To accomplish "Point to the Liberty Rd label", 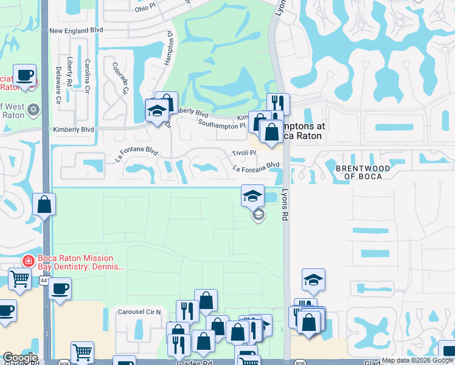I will pos(71,72).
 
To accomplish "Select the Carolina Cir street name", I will pos(88,72).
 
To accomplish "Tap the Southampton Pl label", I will pos(221,123).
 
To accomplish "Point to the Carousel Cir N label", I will pos(139,311).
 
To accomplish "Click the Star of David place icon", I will pos(33,110).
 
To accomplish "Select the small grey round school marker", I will pos(258,214).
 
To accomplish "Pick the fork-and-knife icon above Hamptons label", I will pos(278,102).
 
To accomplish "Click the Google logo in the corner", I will pos(20,358).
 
